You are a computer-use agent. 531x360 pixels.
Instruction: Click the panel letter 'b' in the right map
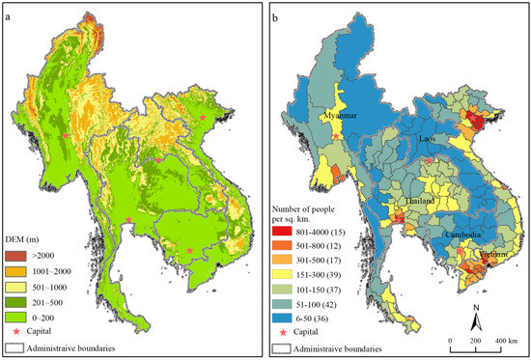pyautogui.click(x=277, y=16)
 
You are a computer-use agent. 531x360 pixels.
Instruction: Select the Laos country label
pyautogui.click(x=432, y=139)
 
